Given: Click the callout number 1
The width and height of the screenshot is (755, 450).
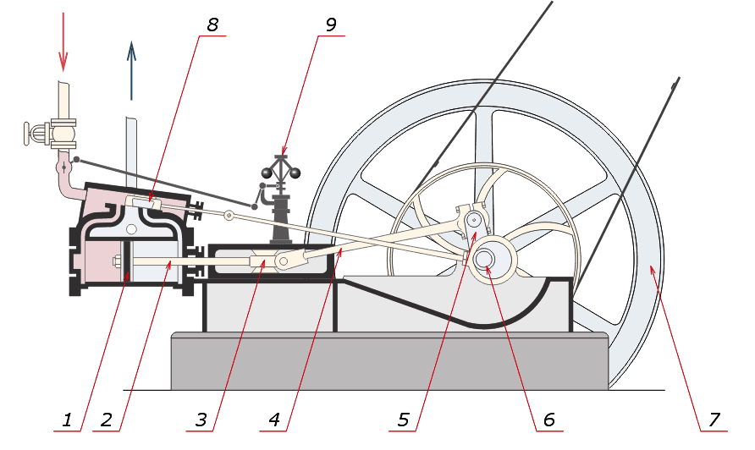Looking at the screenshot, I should [67, 419].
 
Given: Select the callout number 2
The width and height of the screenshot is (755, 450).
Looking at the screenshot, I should [106, 419].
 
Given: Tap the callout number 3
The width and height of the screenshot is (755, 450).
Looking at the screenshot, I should [201, 419].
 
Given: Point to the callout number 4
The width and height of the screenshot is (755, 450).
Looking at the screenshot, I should [274, 419].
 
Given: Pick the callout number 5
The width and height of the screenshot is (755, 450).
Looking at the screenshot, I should [405, 419].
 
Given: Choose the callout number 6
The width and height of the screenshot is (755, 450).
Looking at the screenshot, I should [548, 419].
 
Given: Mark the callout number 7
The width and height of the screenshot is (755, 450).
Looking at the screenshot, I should [714, 419].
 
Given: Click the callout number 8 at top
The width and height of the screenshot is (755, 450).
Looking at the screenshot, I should [212, 25].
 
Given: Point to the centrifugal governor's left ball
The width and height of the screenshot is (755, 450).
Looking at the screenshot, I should [267, 173].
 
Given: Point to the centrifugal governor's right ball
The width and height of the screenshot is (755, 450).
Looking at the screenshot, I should [296, 174].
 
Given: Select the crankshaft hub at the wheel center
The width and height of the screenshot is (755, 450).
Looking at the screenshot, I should [486, 260].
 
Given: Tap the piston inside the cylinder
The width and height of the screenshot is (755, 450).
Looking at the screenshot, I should [124, 262].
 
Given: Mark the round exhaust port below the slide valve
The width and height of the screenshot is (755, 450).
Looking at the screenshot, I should [132, 228].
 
